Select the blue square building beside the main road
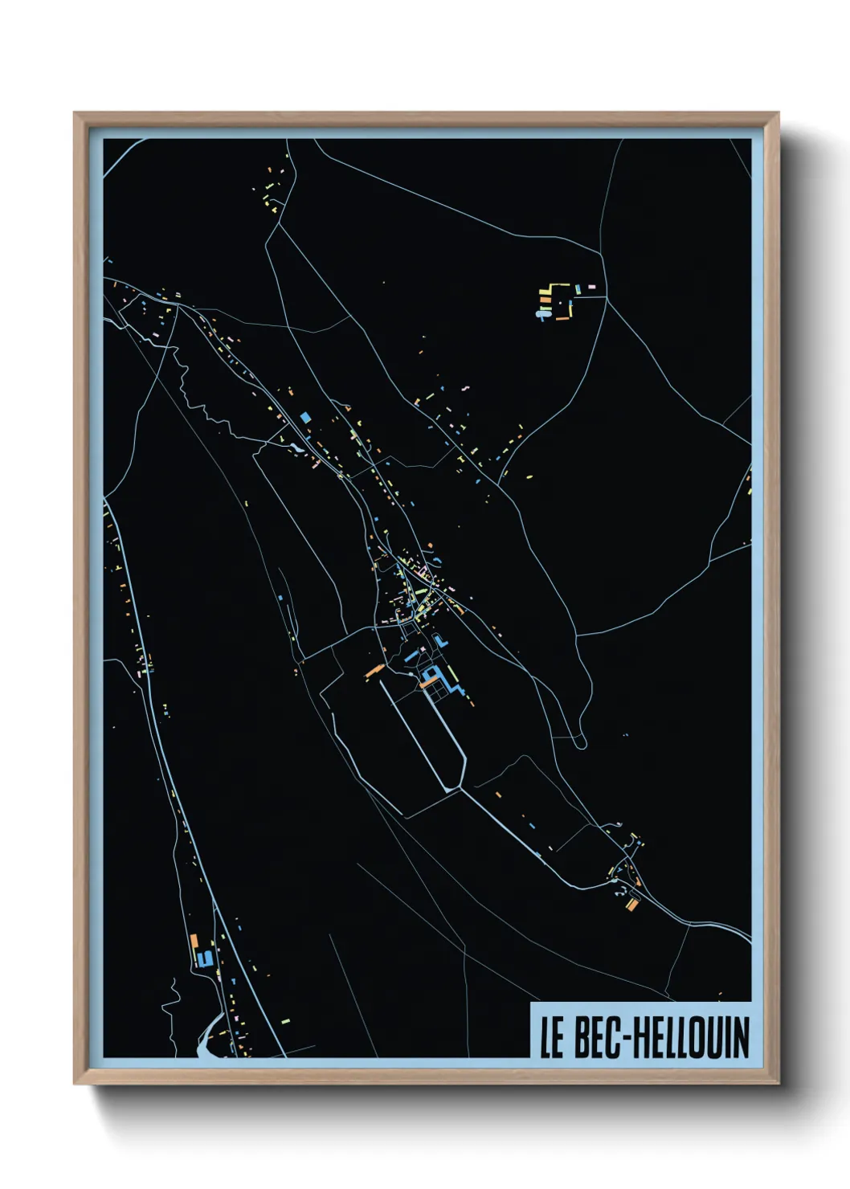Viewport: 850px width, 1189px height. [305, 417]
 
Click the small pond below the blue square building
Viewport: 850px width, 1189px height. [298, 447]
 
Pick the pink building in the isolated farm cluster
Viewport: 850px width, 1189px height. [592, 286]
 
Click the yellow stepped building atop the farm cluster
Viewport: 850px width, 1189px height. [554, 288]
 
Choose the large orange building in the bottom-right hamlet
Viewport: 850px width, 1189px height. [632, 904]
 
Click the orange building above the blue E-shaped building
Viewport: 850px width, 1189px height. [194, 940]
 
